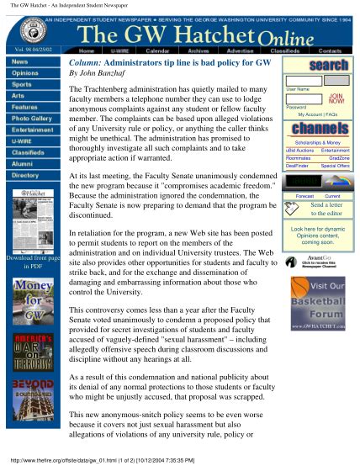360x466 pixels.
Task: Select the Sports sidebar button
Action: (x=25, y=84)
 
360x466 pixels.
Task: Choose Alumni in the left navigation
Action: (x=25, y=163)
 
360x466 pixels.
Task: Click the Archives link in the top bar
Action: (x=199, y=50)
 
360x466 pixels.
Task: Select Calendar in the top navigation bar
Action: (x=157, y=50)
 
